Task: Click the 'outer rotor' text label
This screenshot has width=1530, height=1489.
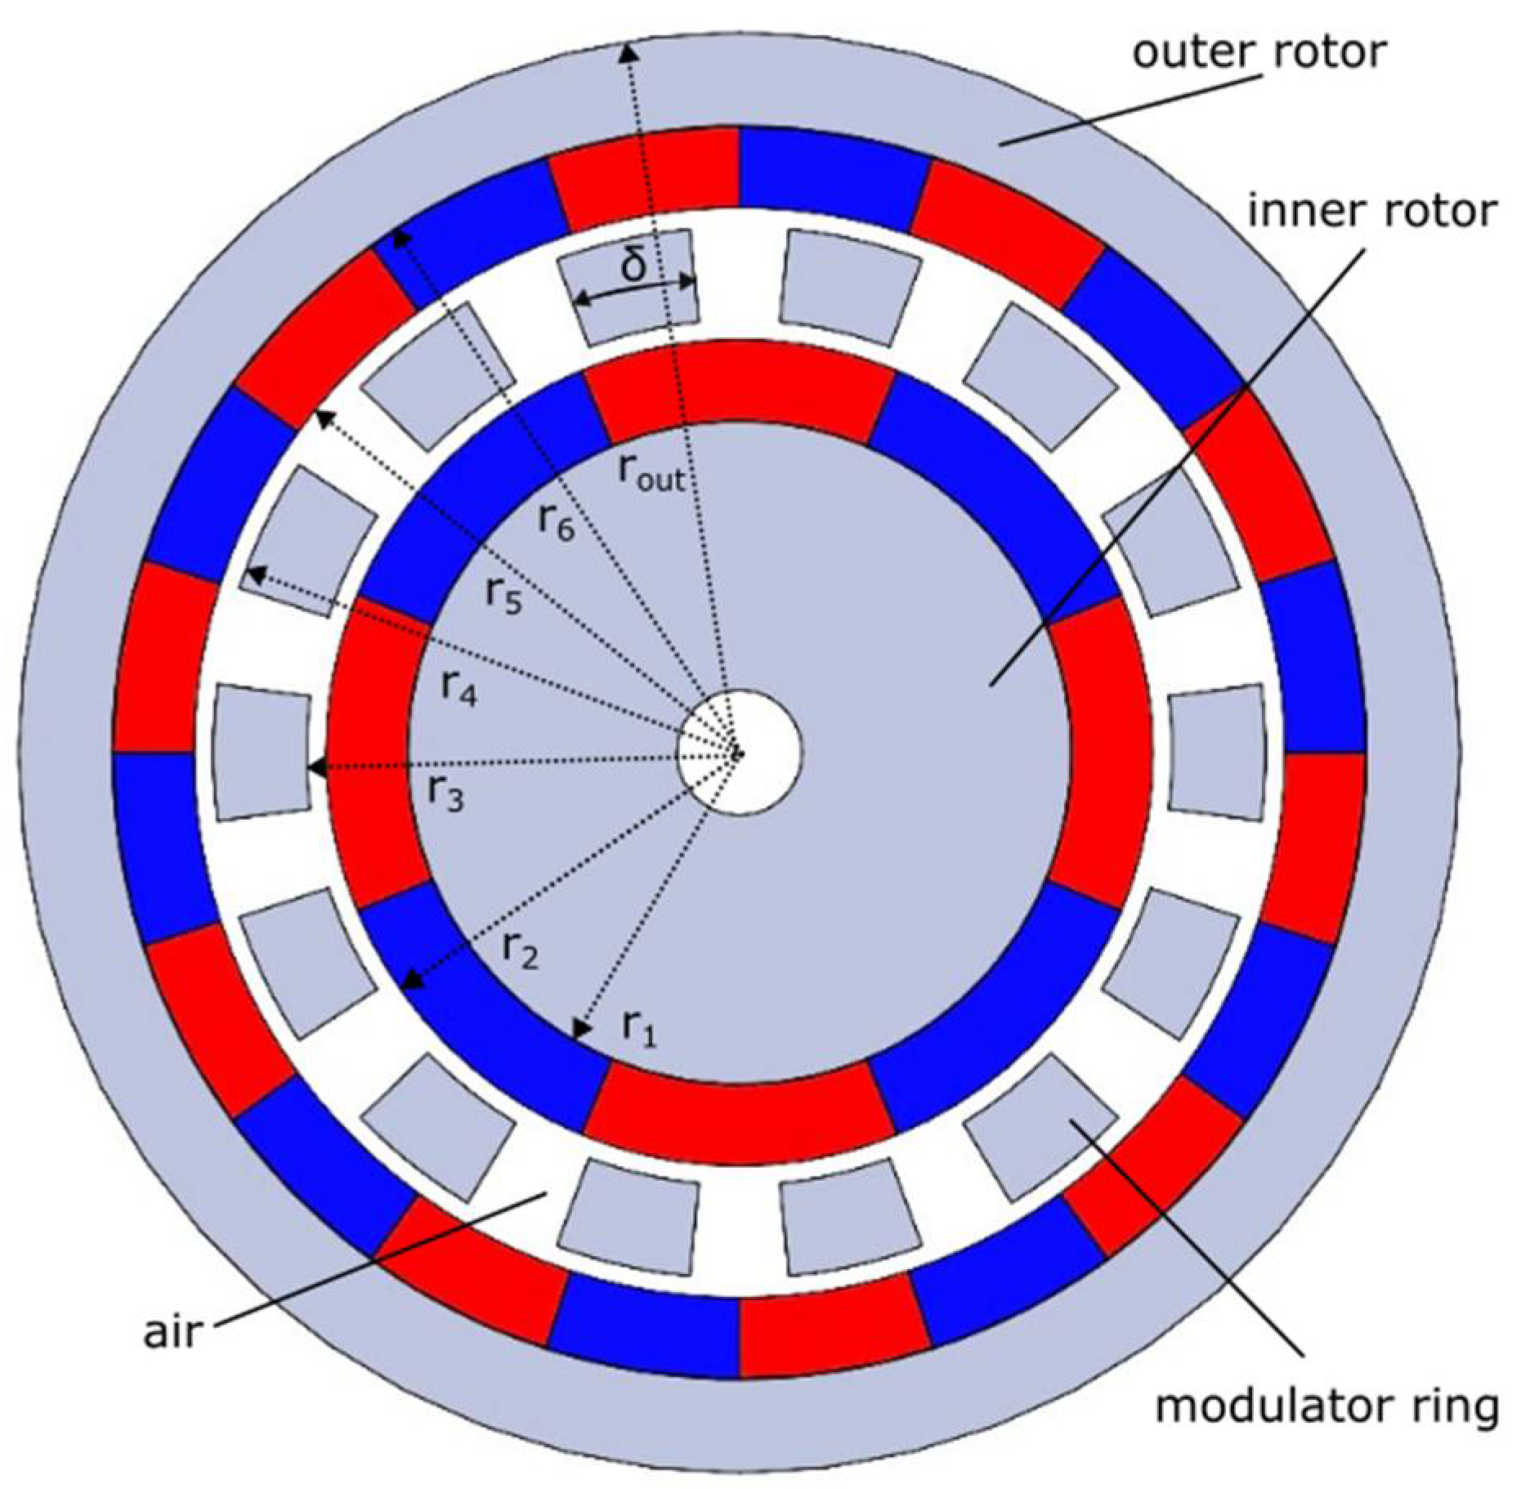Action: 1259,54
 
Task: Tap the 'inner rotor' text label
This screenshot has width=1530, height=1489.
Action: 1372,212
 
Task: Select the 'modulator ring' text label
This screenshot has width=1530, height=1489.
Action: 1326,1407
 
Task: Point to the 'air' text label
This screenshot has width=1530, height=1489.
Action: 172,1331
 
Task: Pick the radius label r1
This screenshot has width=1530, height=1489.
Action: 638,1026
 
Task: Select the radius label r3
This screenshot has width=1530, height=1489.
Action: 446,793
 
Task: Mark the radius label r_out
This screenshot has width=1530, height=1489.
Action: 650,473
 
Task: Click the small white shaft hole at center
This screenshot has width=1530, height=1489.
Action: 740,752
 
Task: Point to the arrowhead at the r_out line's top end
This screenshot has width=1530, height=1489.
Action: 628,52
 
